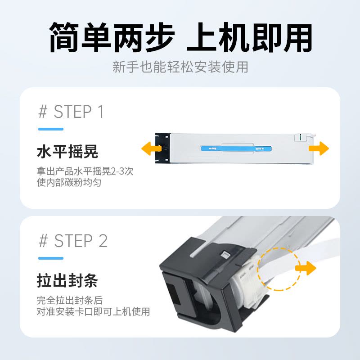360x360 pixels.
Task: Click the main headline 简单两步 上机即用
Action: [180, 37]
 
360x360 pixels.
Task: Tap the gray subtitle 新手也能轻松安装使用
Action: [180, 67]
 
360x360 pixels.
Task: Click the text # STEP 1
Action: [71, 112]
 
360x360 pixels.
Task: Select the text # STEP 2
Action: [73, 241]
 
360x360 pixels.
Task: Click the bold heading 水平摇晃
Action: [67, 152]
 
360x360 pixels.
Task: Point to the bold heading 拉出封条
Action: [67, 280]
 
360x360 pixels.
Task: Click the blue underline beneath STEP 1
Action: [51, 129]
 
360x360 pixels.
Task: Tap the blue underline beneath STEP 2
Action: [51, 258]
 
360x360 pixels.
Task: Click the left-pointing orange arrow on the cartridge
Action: [151, 148]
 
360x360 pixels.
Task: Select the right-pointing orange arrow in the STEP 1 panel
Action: [319, 148]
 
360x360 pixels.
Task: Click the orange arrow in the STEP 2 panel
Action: [306, 268]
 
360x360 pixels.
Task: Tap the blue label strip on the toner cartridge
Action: [236, 148]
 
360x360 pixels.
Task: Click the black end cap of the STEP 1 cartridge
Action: [162, 148]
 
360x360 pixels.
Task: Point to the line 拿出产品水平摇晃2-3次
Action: [85, 171]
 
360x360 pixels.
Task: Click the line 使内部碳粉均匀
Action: [69, 183]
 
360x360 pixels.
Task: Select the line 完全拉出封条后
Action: [70, 300]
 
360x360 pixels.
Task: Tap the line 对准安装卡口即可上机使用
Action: [93, 311]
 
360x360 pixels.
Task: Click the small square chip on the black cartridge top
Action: [224, 255]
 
